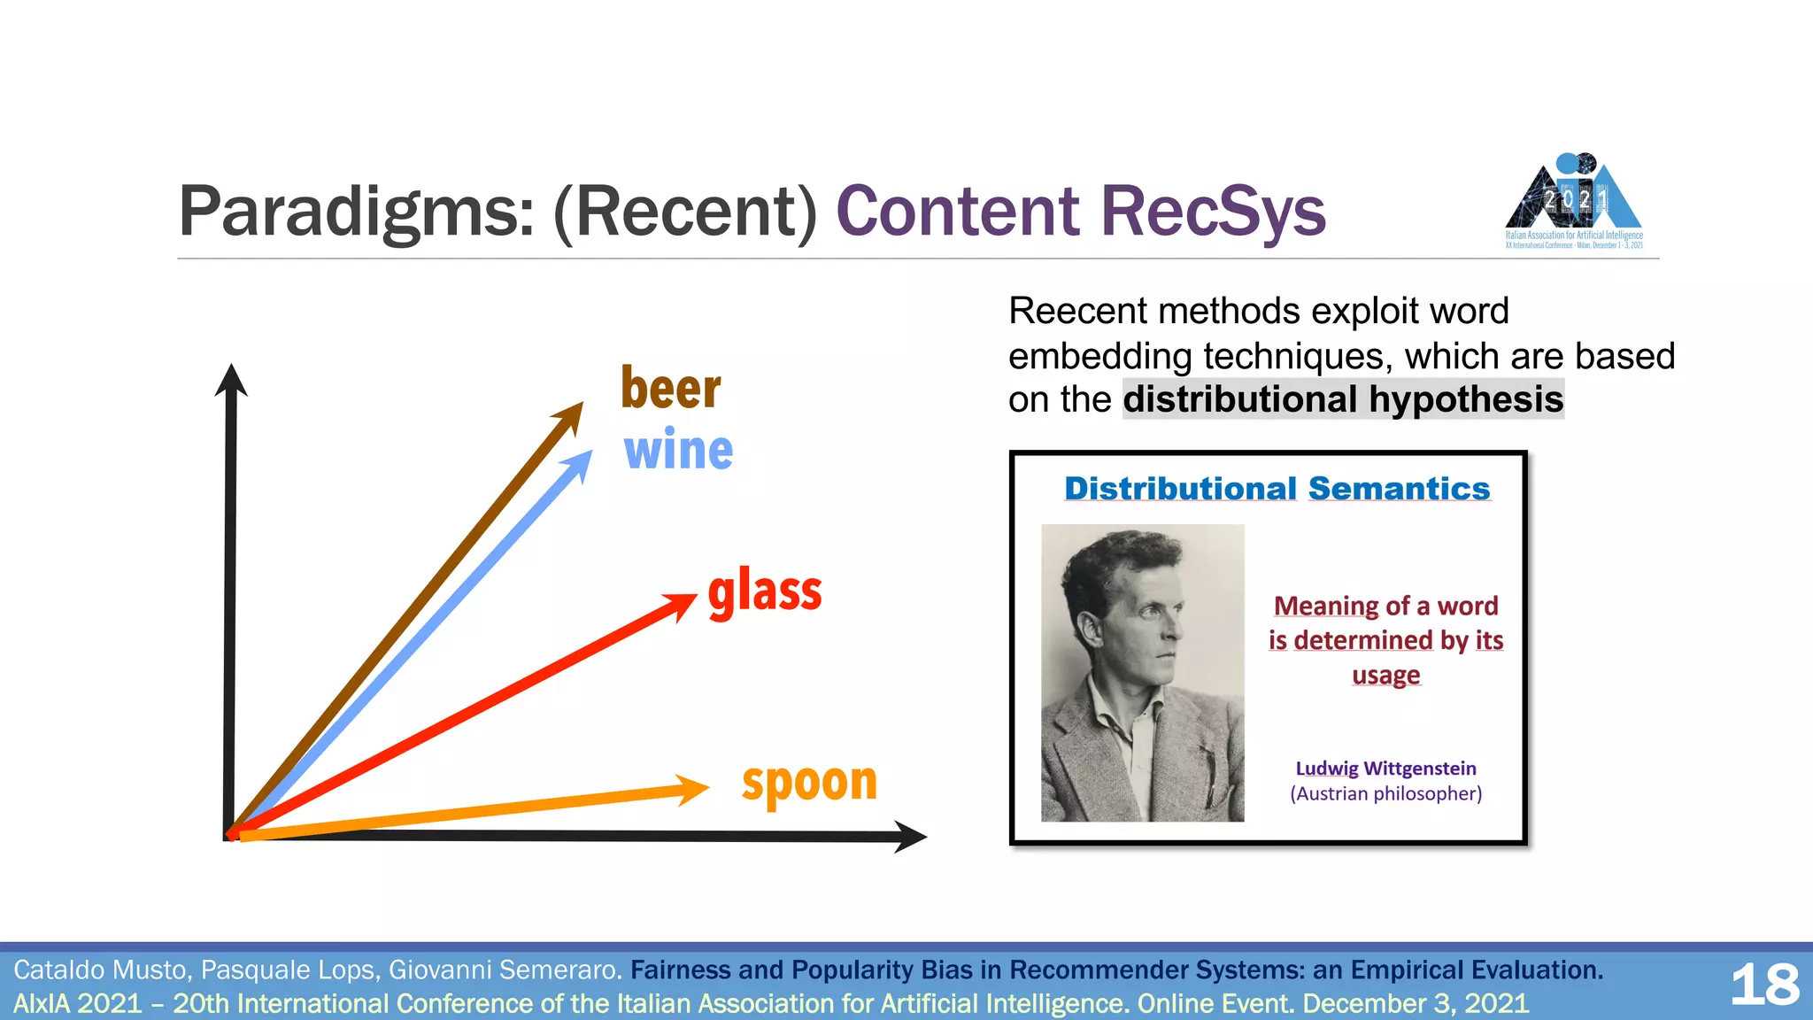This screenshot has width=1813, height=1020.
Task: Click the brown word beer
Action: click(670, 390)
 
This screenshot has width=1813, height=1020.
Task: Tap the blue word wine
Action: click(678, 451)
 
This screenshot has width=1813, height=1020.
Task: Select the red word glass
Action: click(765, 591)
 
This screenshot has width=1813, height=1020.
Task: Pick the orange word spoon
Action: click(809, 783)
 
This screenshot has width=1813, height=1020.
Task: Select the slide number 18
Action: click(1764, 985)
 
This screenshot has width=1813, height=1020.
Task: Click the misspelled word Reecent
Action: click(1077, 312)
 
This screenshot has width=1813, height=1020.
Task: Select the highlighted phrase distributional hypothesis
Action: click(1343, 399)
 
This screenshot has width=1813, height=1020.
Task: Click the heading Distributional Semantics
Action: click(1277, 489)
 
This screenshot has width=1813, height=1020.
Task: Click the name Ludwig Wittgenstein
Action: click(1385, 769)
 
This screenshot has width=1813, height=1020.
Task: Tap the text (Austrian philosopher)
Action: click(1385, 793)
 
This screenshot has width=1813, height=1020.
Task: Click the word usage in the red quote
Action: click(1385, 676)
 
